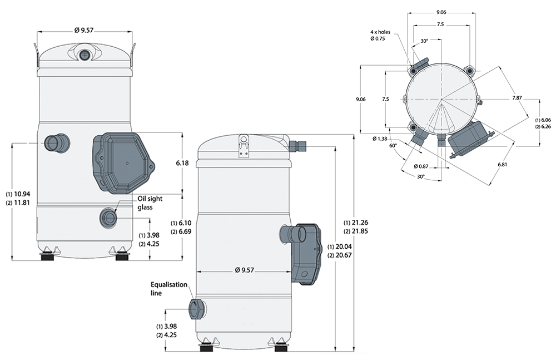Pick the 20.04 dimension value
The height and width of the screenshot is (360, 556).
coord(341,246)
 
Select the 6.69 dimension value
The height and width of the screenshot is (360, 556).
coord(186,231)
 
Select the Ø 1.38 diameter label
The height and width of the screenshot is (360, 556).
coord(379,137)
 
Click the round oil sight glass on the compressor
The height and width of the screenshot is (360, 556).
coord(108,216)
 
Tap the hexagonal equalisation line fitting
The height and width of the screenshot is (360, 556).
coord(196,309)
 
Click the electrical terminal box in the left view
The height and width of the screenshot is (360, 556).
coord(123,161)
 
